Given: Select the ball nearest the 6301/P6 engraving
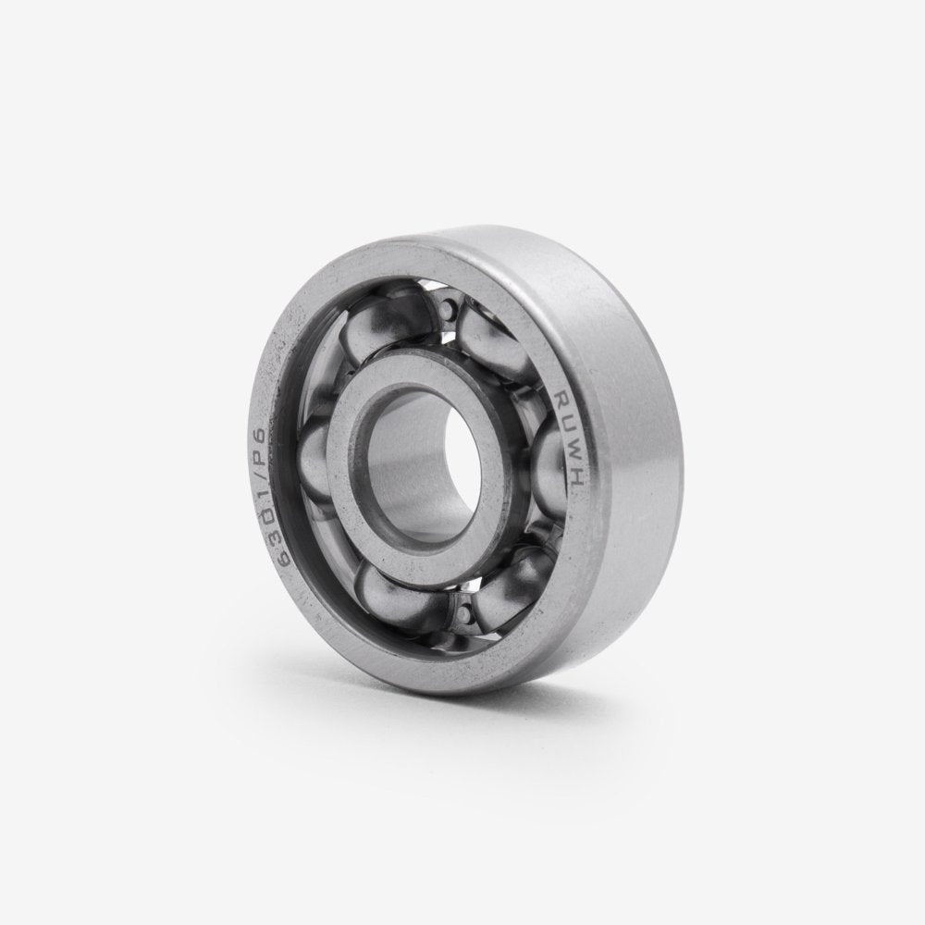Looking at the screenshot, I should click(319, 453).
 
